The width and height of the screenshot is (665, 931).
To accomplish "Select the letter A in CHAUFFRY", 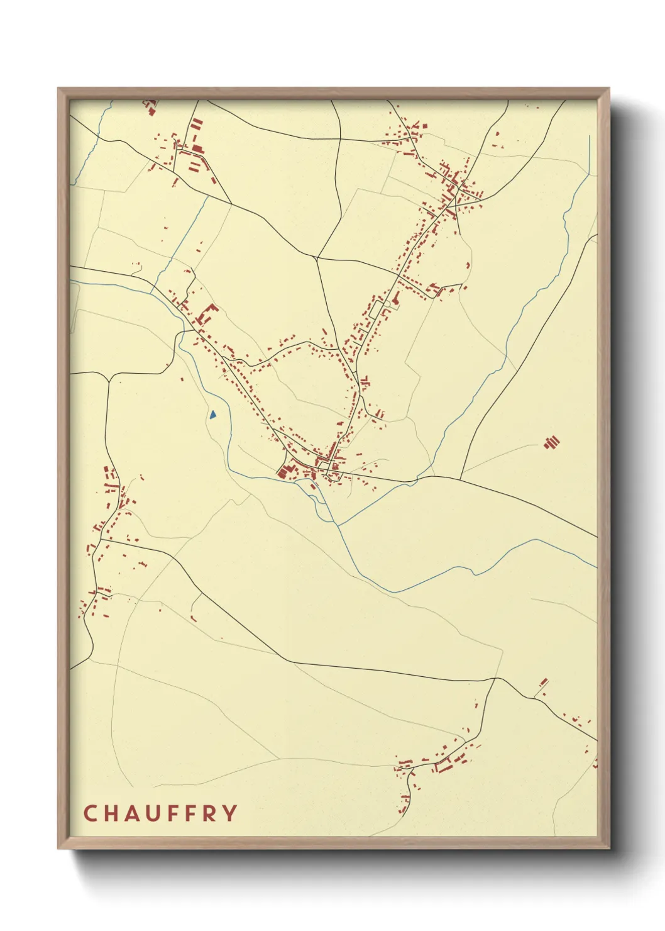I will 131,813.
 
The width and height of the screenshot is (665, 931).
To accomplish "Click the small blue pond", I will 213,415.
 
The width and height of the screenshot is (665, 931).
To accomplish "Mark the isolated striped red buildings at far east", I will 552,442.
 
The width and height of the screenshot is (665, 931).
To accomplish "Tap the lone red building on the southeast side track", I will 544,682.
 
